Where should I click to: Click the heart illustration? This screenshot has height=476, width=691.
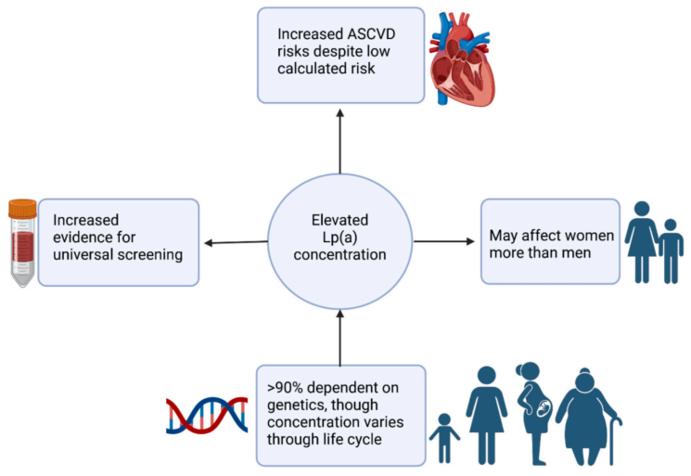pyautogui.click(x=462, y=58)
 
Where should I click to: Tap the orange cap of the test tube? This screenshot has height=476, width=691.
pyautogui.click(x=22, y=209)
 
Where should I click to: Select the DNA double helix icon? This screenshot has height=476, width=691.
pyautogui.click(x=207, y=415)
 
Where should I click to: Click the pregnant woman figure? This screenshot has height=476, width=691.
pyautogui.click(x=534, y=413)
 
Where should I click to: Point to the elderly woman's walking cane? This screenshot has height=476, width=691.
pyautogui.click(x=612, y=440)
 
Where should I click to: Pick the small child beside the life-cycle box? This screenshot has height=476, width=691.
pyautogui.click(x=444, y=438)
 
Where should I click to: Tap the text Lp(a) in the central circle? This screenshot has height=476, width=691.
pyautogui.click(x=339, y=238)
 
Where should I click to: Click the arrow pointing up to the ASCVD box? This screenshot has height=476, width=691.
pyautogui.click(x=339, y=141)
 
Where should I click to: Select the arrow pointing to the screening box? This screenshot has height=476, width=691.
pyautogui.click(x=237, y=242)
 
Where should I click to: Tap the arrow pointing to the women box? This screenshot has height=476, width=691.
pyautogui.click(x=443, y=241)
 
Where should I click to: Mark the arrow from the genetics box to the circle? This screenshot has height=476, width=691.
pyautogui.click(x=339, y=338)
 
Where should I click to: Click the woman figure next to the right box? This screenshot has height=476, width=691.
pyautogui.click(x=641, y=242)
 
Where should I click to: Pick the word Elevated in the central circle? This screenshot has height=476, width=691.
pyautogui.click(x=339, y=220)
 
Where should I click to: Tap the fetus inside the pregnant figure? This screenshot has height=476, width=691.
pyautogui.click(x=544, y=408)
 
